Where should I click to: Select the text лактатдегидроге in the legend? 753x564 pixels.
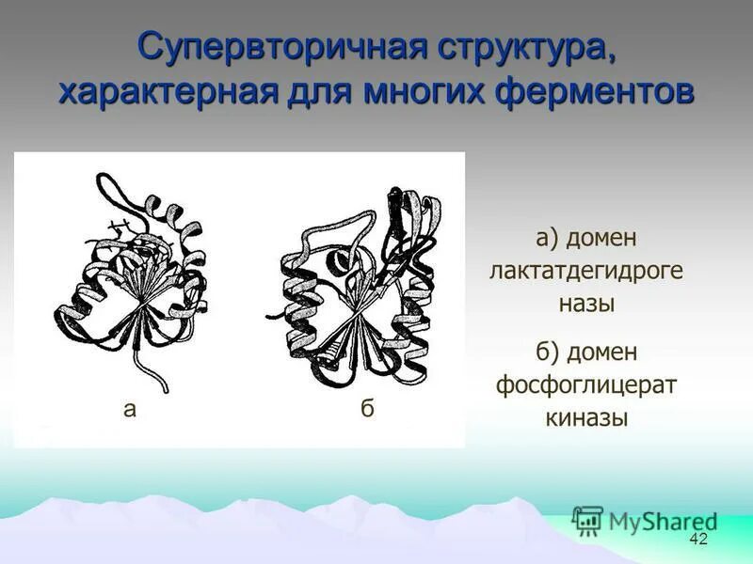(x=585, y=271)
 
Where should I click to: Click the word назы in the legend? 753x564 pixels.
(x=585, y=304)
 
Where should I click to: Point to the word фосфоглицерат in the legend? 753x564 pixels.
(x=586, y=384)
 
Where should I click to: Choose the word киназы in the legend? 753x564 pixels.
(x=586, y=417)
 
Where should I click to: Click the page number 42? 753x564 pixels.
(x=698, y=539)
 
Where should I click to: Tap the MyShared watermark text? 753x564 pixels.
(x=663, y=521)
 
